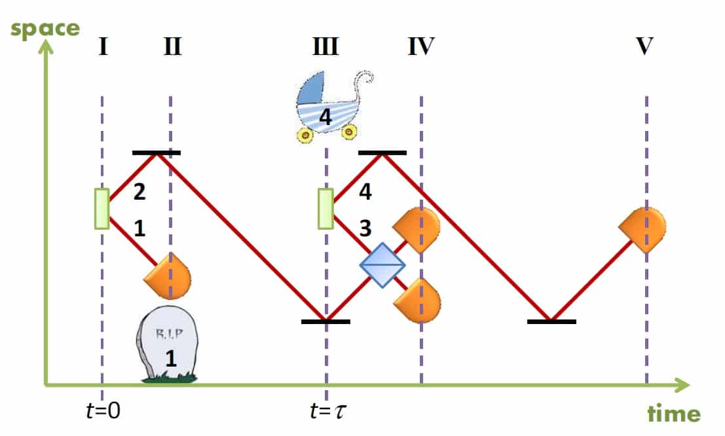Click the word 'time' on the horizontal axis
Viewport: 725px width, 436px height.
674,414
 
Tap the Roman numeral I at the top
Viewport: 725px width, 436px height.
103,47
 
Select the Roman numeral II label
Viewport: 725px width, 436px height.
171,47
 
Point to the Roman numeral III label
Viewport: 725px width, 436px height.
325,47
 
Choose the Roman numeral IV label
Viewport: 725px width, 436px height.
420,47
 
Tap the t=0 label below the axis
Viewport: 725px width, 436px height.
103,410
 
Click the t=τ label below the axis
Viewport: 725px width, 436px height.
327,411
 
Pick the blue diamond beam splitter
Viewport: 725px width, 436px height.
382,264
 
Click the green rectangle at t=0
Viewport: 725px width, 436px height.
102,209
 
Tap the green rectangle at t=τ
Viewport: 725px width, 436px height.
325,209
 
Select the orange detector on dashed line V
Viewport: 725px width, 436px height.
643,229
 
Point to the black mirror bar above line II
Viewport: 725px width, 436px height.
156,153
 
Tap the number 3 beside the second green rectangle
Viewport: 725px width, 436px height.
365,228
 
